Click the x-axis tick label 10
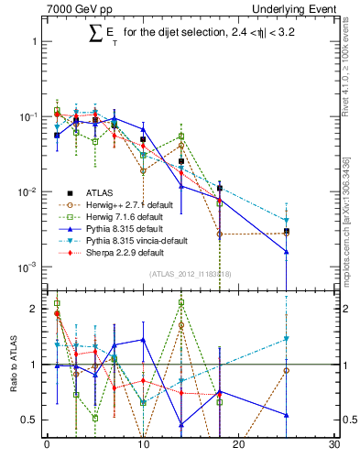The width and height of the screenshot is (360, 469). click(143, 445)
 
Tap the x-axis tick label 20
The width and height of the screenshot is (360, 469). click(239, 445)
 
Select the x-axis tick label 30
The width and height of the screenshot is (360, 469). click(334, 445)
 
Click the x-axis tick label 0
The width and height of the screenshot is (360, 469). click(47, 445)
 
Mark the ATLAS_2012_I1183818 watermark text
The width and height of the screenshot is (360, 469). click(191, 274)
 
